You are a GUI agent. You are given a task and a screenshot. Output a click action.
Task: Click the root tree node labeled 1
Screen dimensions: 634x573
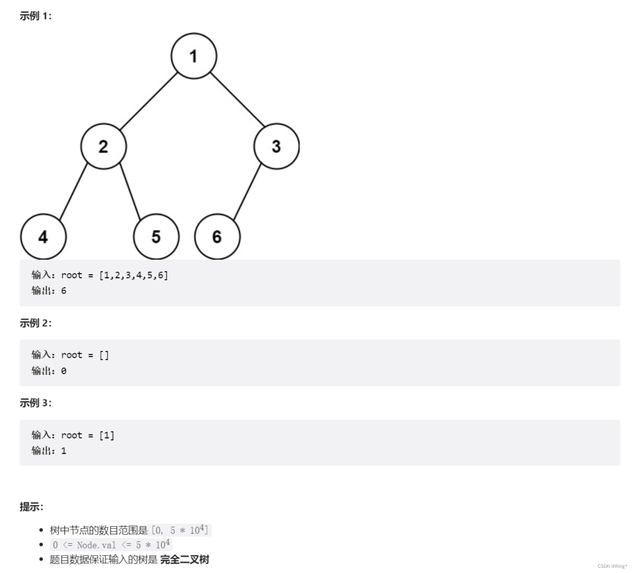point(193,56)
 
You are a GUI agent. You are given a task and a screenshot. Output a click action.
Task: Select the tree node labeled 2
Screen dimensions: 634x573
point(103,146)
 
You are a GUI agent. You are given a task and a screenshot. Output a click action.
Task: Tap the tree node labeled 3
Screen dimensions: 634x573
point(276,146)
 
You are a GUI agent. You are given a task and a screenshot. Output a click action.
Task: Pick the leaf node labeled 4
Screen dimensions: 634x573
point(43,237)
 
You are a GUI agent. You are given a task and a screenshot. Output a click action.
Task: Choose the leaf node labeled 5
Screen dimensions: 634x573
point(156,237)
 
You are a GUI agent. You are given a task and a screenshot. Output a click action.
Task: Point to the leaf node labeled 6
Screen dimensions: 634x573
point(217,237)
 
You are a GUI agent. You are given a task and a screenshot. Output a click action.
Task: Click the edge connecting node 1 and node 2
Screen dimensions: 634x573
point(149,101)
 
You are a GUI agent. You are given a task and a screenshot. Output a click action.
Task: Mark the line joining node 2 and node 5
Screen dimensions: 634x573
point(131,191)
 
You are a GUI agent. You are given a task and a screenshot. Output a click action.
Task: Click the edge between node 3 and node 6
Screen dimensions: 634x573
point(247,192)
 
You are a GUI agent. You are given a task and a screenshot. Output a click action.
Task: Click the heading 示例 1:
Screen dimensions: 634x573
point(35,16)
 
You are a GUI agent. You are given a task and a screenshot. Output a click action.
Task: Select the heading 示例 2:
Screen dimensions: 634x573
point(35,323)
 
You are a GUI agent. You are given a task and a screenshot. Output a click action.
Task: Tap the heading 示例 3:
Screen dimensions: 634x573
point(35,403)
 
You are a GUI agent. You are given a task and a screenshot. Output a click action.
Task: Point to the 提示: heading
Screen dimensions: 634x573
point(31,507)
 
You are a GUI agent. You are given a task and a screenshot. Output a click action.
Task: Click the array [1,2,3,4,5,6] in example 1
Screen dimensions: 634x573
point(134,275)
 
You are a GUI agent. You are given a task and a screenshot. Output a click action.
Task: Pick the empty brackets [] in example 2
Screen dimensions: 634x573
point(104,355)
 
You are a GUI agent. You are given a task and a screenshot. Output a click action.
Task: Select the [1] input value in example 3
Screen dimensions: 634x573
point(107,435)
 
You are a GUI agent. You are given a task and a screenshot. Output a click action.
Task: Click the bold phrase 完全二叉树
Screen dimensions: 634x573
point(185,559)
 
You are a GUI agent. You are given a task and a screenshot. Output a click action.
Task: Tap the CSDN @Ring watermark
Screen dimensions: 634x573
point(612,566)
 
